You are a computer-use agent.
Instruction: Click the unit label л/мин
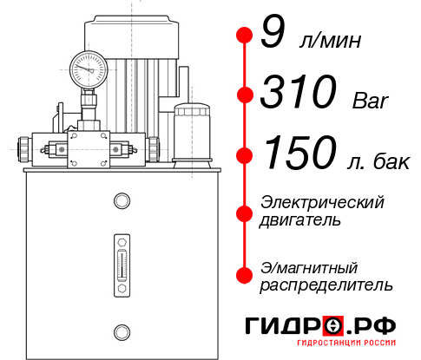point(327,40)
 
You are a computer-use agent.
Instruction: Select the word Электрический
point(321,202)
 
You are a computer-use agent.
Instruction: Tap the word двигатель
point(299,219)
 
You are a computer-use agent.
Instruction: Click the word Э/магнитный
point(309,266)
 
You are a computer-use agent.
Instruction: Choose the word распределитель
point(326,285)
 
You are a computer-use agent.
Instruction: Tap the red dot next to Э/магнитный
point(245,275)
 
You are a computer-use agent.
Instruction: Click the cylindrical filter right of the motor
point(191,133)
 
